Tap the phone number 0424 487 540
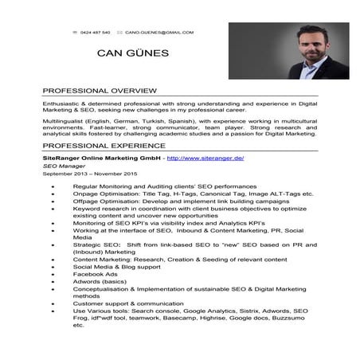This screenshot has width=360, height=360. click(96, 33)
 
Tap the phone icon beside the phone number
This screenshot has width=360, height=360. click(73, 33)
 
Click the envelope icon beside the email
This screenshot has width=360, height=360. click(119, 33)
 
